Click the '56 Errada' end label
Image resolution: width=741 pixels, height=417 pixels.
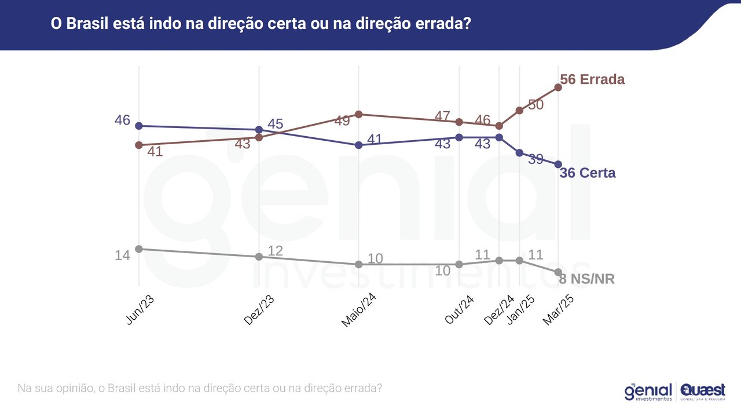point(592,79)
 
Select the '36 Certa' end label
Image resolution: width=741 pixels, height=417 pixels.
point(588,173)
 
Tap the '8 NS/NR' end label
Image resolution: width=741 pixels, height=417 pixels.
point(587,279)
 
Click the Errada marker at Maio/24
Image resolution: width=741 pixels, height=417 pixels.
point(358,114)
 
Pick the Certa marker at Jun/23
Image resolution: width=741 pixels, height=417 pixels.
point(138,126)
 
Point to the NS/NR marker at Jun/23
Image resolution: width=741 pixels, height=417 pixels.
point(138,249)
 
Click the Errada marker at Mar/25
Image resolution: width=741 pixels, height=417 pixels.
point(558,87)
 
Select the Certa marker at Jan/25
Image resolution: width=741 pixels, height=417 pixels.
point(519,153)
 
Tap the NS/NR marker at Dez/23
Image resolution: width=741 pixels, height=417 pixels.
point(259,257)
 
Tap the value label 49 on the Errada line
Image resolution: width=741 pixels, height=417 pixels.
point(342,121)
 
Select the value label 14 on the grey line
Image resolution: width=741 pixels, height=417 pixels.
point(122,255)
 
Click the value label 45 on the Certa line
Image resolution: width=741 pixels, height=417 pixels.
point(276,124)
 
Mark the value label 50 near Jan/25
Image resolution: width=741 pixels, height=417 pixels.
point(535,105)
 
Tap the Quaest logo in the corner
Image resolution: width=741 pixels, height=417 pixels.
point(703,392)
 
